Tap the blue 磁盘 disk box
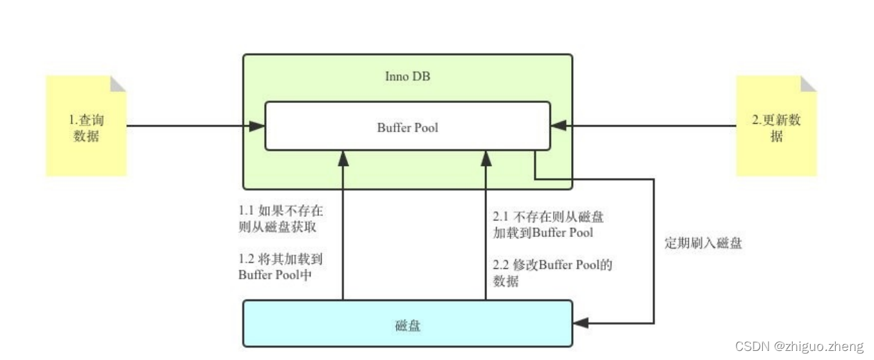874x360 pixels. pos(407,324)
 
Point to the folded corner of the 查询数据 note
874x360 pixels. pos(118,83)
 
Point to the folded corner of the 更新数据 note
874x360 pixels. pos(809,83)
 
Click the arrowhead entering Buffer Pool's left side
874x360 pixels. pos(258,126)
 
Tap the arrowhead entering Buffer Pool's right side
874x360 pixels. pos(558,126)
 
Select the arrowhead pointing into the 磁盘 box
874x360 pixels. pos(581,323)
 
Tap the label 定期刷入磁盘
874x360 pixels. pos(702,244)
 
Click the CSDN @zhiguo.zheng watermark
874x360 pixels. pos(799,346)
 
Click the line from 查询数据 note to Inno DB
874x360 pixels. pos(188,126)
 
